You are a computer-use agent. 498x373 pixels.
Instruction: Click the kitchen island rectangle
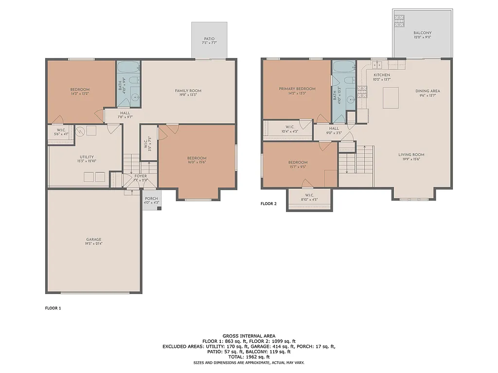pos(391,98)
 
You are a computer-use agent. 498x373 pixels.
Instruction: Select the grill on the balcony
pos(399,20)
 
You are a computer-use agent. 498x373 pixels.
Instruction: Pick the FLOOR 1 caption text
pos(53,308)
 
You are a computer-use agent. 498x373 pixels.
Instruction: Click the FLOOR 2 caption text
pos(268,204)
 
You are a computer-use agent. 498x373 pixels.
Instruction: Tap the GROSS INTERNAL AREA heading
pos(249,336)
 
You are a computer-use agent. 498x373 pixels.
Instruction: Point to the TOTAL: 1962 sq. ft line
pos(249,357)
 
